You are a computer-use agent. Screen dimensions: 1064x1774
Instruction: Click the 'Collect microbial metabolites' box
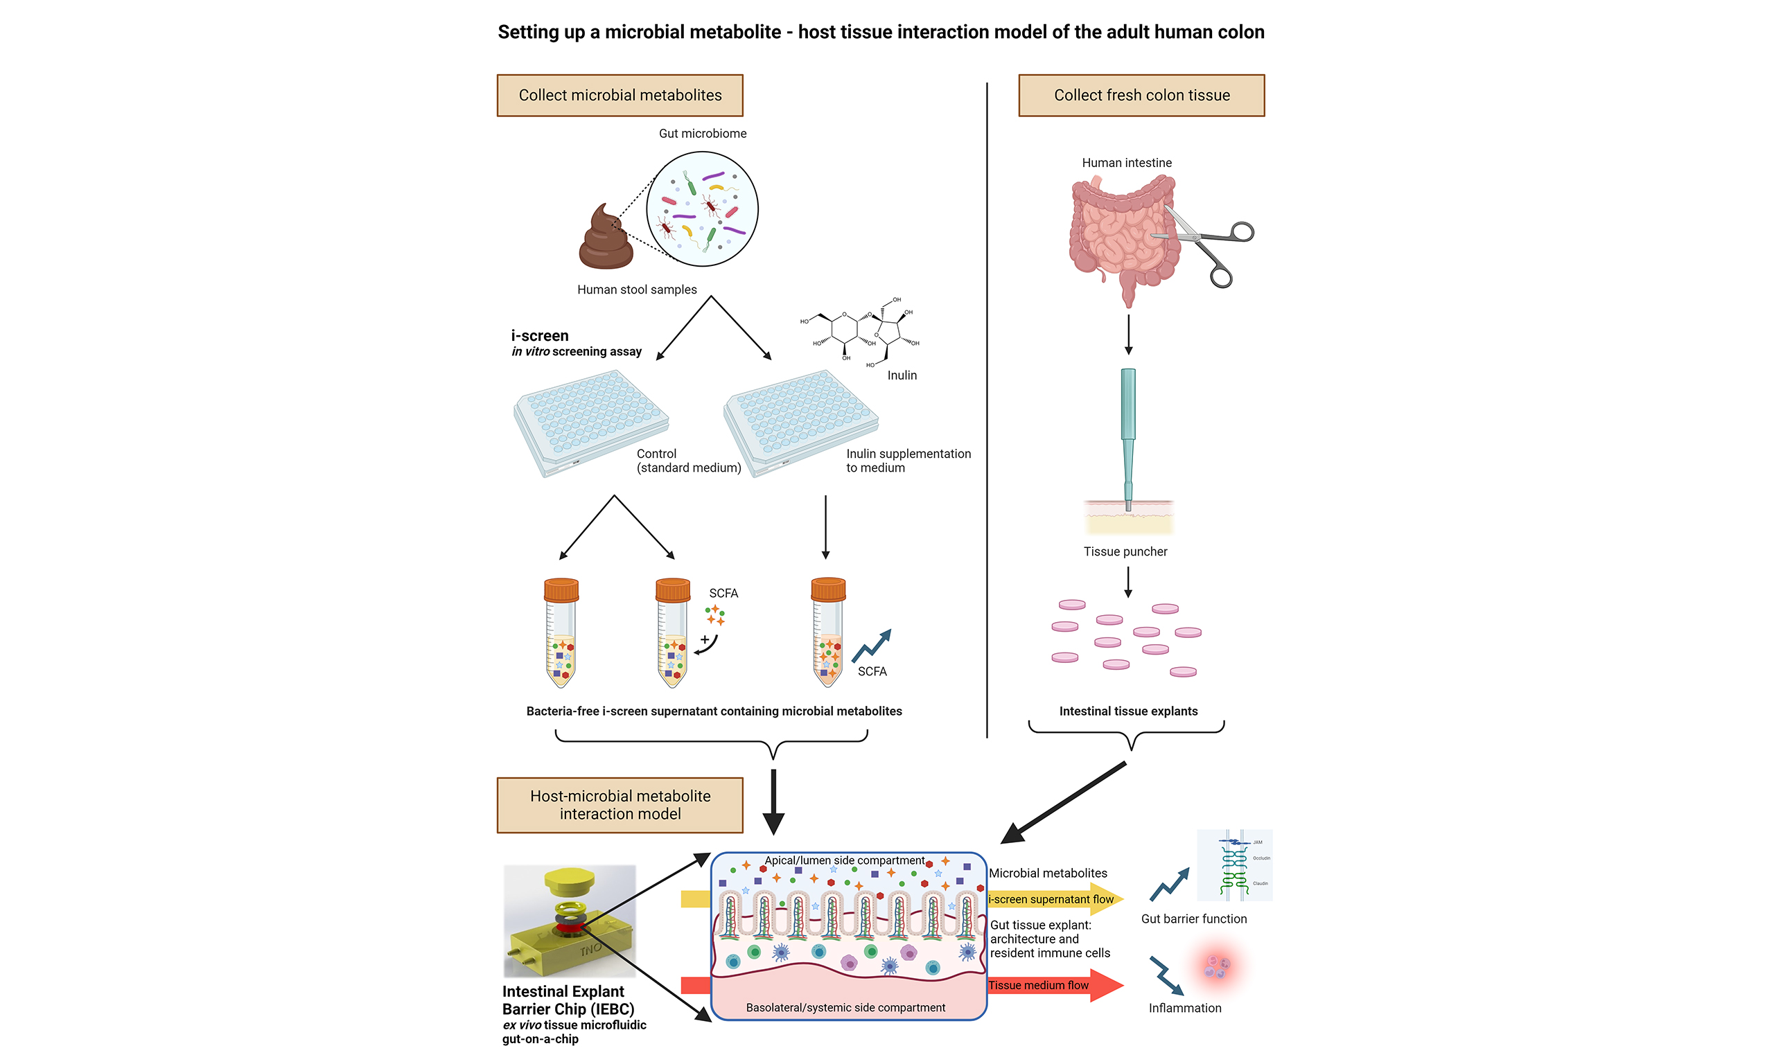coord(620,96)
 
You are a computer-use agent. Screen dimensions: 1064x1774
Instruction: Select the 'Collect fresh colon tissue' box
coord(1141,96)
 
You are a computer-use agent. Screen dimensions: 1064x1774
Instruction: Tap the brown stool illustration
coord(606,239)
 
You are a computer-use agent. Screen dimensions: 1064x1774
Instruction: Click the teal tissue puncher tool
coord(1128,430)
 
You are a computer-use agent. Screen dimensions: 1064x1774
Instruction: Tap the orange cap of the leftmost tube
coord(561,590)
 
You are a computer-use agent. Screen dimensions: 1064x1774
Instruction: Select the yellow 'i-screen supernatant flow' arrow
coord(1054,899)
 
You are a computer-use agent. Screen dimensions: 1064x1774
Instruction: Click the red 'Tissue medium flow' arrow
coord(1054,985)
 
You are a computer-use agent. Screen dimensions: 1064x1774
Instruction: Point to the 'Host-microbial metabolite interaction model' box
coord(620,804)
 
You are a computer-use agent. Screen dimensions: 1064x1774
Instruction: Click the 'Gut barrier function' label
coord(1193,919)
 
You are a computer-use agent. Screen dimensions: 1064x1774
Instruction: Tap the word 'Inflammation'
coord(1184,1007)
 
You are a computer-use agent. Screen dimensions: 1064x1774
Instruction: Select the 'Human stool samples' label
coord(637,290)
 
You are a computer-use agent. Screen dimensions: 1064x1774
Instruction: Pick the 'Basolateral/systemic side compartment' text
coord(845,1007)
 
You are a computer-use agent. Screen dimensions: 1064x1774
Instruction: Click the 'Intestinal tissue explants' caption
coord(1128,711)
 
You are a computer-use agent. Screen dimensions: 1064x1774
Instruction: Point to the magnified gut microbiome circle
coord(702,209)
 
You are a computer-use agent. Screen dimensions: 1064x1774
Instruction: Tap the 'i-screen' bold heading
coord(539,335)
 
